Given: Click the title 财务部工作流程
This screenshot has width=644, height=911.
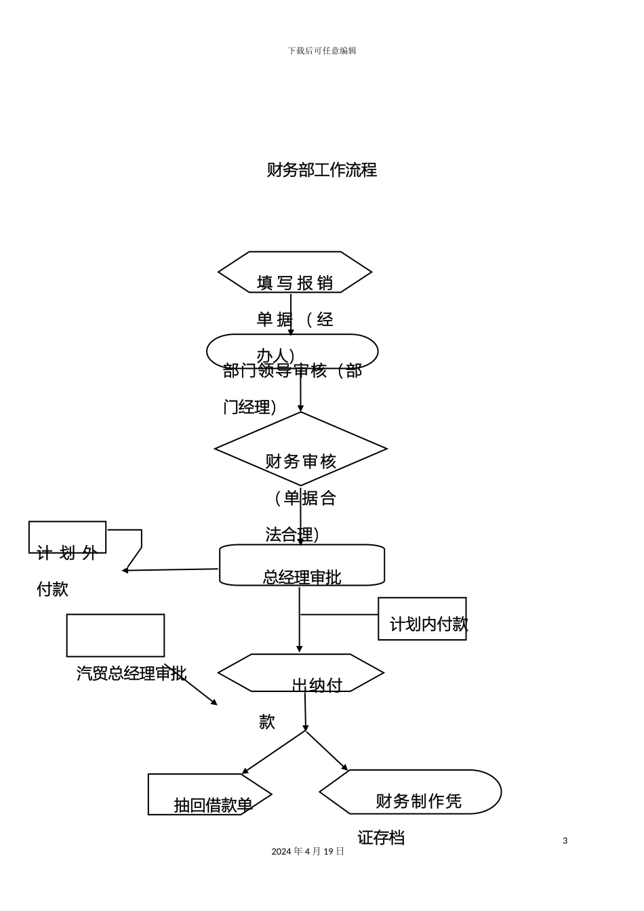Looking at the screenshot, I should pos(321,170).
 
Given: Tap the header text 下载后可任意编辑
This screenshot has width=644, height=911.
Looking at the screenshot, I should pos(322,51).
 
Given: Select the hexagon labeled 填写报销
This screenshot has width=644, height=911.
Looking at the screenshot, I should pos(295,272).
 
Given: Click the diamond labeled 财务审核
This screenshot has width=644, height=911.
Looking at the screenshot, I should pos(300,449).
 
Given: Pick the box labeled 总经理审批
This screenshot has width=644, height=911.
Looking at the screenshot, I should pos(302,565).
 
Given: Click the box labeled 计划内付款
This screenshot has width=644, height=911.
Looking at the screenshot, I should pos(422,619).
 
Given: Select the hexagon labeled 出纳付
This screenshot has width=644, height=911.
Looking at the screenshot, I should pos(300,672).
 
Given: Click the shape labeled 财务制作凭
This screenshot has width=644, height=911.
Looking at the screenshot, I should pos(409,792).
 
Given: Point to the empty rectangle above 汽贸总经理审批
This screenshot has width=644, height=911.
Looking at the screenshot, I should pos(115,635).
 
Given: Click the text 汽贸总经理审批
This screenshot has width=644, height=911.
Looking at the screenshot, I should pos(131,673).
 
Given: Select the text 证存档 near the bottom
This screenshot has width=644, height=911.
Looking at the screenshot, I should pos(381,838).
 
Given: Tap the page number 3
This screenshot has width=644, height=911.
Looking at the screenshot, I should pos(565,841).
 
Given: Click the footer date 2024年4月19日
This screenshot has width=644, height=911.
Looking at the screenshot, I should pos(308,851).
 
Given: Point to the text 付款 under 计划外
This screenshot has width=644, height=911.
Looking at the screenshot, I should pos(52,589).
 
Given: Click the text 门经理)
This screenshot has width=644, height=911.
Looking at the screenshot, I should pos(249,407).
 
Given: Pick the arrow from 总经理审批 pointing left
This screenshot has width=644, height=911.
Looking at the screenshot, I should pos(169,570).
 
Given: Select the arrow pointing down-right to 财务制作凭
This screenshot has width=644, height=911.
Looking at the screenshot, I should pos(327,751).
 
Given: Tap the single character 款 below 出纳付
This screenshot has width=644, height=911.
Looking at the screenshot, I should pos(266,722).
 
